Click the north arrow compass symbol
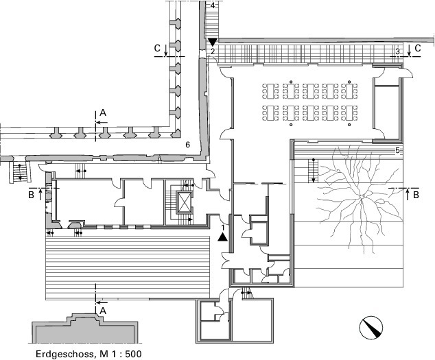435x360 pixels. coord(371,327)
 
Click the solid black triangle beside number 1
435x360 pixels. coord(222,237)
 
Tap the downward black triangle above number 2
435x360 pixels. coord(213,42)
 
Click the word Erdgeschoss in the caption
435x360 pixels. coord(64,355)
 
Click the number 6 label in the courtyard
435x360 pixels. coord(188,145)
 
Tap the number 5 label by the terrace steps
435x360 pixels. coord(397,151)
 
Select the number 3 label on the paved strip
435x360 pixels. coord(397,51)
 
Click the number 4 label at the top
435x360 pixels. coord(213,5)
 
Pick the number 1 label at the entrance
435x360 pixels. coord(222,228)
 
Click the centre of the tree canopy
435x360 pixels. coord(362,196)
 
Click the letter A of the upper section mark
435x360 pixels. coord(103,112)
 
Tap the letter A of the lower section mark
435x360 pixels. coord(103,311)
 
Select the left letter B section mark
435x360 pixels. coord(31,195)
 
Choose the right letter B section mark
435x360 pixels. coord(416,195)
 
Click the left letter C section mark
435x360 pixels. coord(157,48)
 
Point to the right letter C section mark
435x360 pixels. coord(418,48)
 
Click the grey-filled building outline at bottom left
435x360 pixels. coord(84,329)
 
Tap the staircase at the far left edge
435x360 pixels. coord(20,173)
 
